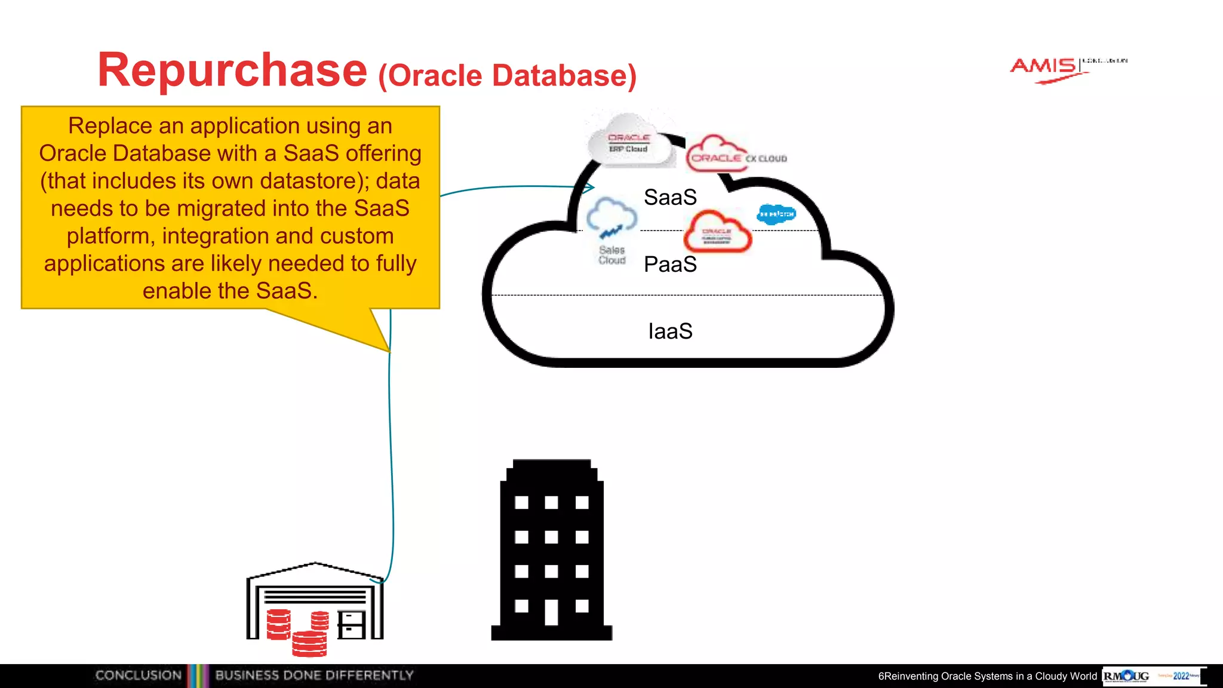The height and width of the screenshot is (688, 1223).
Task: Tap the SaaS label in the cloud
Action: click(x=670, y=197)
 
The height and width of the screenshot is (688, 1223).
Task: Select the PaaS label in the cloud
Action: click(x=670, y=264)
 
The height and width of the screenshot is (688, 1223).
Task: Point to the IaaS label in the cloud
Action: click(x=670, y=331)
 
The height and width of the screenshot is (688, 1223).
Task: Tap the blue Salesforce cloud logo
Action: click(x=776, y=214)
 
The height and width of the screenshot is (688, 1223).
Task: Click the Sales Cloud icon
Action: click(x=611, y=230)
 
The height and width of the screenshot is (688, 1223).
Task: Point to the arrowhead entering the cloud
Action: click(x=589, y=188)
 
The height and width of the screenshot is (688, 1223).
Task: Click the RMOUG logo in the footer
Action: click(x=1126, y=676)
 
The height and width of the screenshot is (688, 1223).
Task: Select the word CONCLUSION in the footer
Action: click(x=139, y=675)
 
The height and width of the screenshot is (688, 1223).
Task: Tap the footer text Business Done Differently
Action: click(x=314, y=675)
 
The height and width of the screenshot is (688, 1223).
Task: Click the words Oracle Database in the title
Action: click(x=508, y=76)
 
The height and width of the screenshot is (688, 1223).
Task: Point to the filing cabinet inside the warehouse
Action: click(x=351, y=625)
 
